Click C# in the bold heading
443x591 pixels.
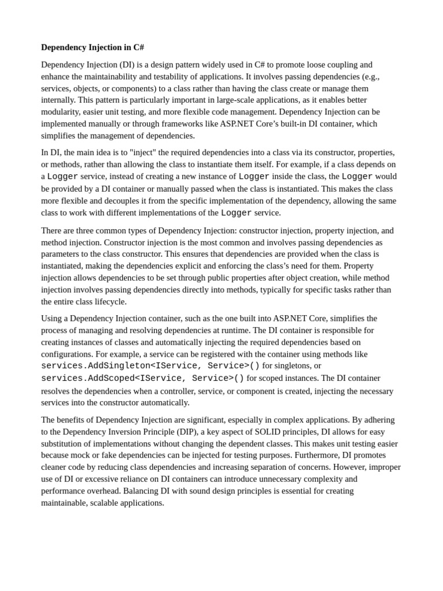tap(138, 47)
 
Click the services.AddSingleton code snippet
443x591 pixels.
tap(150, 366)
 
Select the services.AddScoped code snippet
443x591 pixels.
tap(142, 379)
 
